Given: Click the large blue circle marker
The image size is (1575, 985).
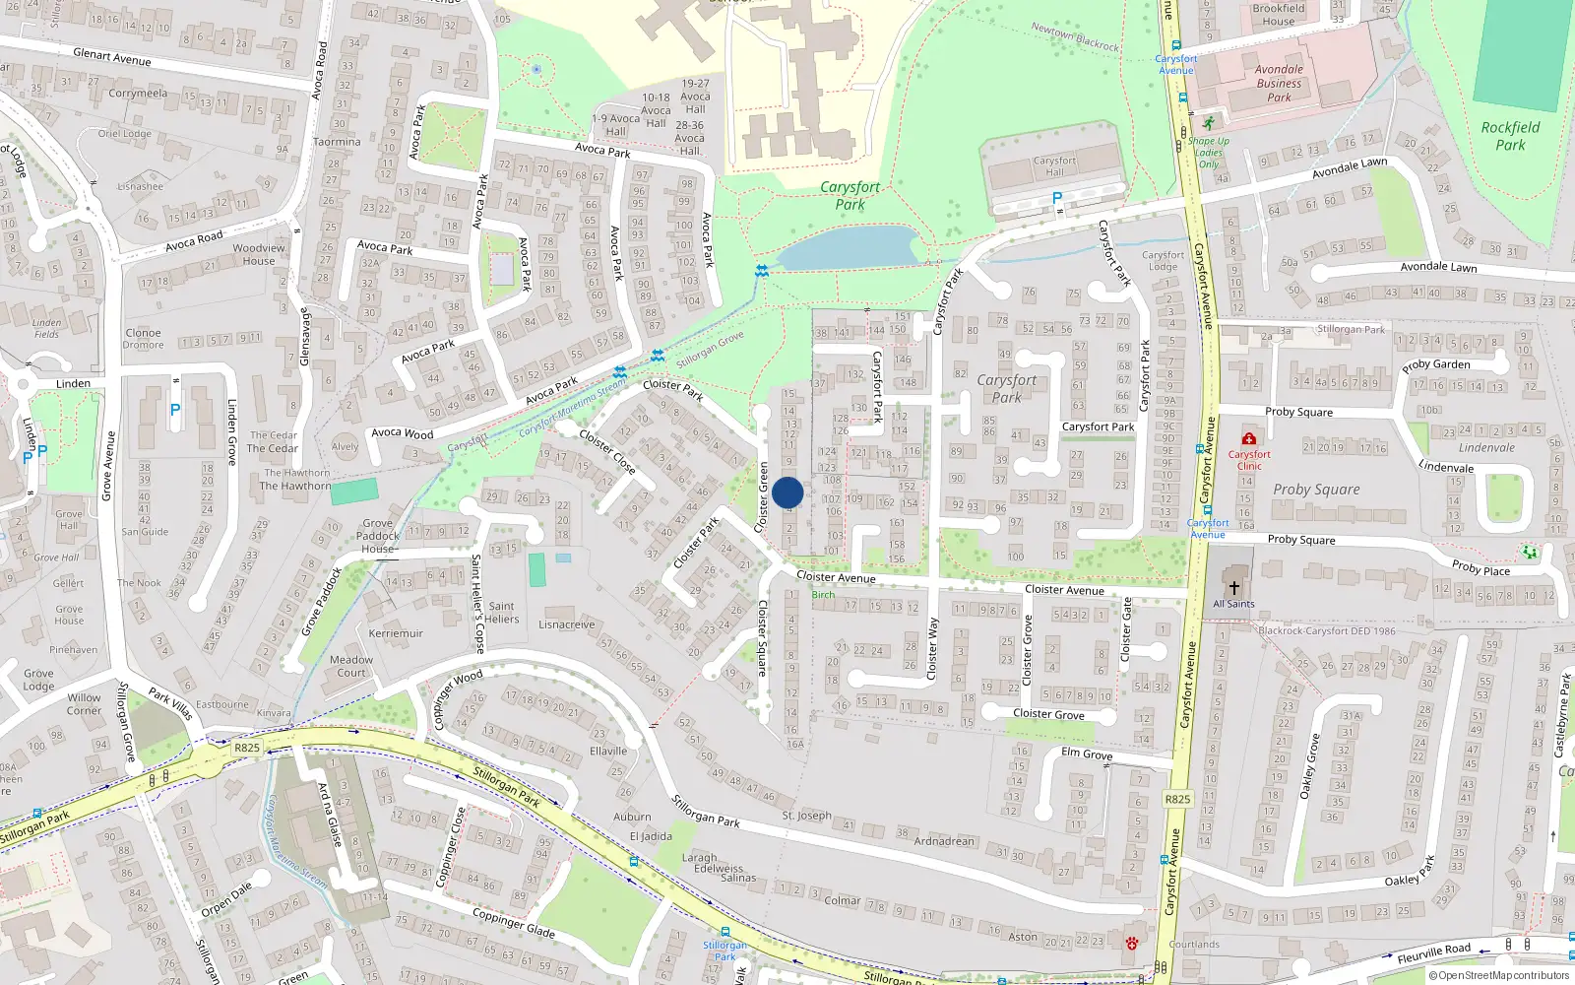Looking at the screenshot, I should (787, 492).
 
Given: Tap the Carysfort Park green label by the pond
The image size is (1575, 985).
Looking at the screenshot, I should (850, 195).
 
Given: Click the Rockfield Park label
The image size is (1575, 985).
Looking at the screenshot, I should (1510, 136).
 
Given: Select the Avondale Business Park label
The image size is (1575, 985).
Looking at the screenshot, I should (1279, 84).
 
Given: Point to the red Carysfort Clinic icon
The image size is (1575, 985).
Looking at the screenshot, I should (1248, 438).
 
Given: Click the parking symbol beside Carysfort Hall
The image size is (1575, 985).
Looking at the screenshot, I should (1057, 198).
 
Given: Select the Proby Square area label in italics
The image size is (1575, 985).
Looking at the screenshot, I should (1316, 490).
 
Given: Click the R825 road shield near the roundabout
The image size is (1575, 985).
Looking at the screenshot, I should (247, 748).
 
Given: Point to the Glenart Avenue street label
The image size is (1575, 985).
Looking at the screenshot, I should (112, 57).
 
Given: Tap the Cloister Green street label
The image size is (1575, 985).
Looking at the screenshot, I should (762, 497).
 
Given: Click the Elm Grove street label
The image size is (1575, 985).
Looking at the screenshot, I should (1087, 754).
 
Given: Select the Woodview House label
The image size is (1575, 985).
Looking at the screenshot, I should (259, 254).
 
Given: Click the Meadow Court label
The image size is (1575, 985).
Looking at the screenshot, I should (351, 667).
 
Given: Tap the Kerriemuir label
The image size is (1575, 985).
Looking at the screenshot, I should (396, 633).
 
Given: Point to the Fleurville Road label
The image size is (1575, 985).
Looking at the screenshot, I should (1433, 952).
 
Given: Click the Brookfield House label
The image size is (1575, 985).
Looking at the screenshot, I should (1279, 15).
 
